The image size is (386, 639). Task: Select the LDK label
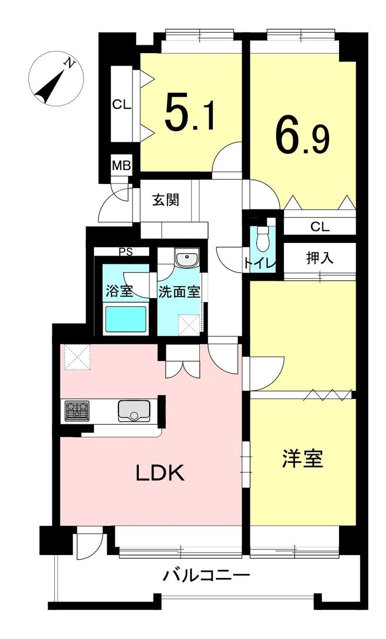pos(160,473)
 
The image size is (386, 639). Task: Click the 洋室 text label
pos(303,459)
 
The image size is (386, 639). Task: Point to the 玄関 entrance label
pos(165,200)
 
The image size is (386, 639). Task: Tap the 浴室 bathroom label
pos(119,291)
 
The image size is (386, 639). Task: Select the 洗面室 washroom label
pos(179,291)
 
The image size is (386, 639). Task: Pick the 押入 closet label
pos(319,258)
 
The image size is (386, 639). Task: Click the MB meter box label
pos(122,165)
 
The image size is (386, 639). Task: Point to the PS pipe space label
pos(126,252)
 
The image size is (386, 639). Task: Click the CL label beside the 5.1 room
pos(122,105)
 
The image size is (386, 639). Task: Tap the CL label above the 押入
pos(320,227)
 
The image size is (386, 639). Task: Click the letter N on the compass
pos(69,63)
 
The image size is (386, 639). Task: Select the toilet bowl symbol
pos(262,239)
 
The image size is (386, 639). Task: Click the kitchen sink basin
pos(134,411)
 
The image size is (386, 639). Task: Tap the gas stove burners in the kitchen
pos(77,411)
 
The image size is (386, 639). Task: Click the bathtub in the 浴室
pos(126,319)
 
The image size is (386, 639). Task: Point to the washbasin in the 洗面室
pos(187,258)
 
